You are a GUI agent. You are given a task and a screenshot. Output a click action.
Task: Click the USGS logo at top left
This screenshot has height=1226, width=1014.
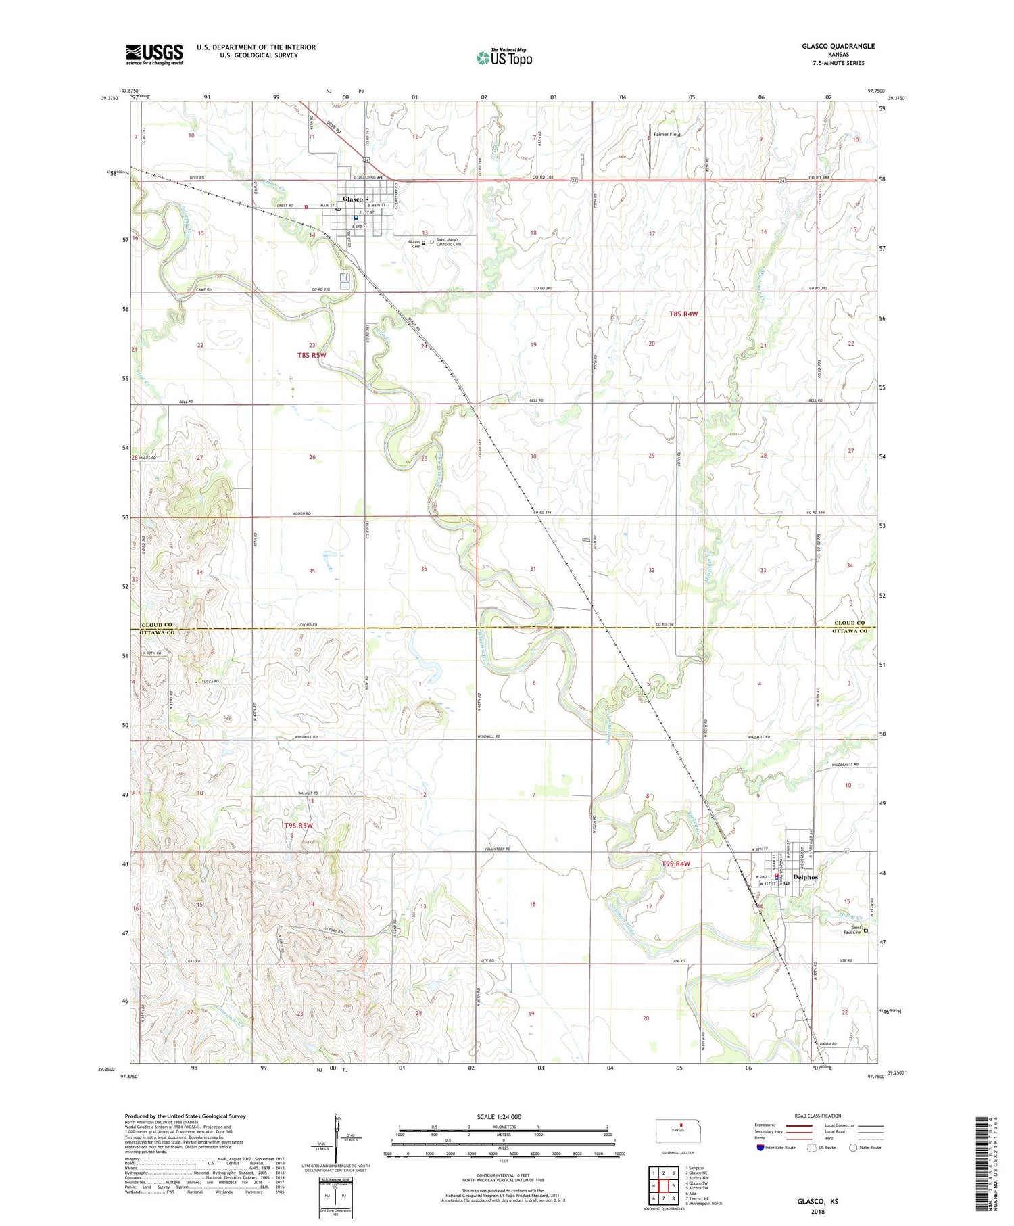tap(154, 54)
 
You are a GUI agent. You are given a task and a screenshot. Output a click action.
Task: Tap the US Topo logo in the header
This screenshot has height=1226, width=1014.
tap(504, 58)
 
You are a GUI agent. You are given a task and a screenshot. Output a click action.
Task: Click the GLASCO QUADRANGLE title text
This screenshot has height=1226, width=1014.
tap(838, 46)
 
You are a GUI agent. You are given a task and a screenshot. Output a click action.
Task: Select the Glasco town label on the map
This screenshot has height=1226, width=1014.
tap(353, 199)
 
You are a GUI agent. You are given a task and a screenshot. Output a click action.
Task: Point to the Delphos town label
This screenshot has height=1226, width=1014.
tap(805, 877)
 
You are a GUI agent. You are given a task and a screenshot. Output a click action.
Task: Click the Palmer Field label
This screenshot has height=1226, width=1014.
tap(667, 135)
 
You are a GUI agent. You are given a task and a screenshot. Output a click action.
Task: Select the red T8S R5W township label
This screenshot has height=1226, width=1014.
tap(312, 355)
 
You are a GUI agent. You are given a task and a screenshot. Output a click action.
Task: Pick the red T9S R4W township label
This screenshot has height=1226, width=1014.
tap(676, 864)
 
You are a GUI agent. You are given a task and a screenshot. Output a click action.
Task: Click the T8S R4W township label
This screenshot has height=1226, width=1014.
tap(683, 314)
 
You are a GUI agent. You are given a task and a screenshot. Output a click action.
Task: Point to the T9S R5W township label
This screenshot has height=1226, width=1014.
tap(298, 826)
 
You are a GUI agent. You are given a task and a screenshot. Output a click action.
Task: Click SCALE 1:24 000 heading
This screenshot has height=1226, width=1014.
tap(500, 1116)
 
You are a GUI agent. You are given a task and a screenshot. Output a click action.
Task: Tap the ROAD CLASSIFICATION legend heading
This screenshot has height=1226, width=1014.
tap(818, 1116)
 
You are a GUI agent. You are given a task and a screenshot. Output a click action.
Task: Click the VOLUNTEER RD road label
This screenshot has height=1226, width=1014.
tap(497, 849)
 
